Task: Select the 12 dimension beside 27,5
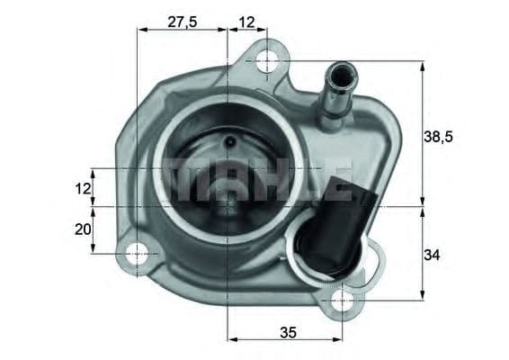point(247,22)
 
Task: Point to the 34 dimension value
point(433,255)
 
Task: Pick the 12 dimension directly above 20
point(83,188)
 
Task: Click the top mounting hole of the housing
point(266,61)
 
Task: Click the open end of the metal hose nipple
point(342,72)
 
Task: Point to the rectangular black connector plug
point(343,191)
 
